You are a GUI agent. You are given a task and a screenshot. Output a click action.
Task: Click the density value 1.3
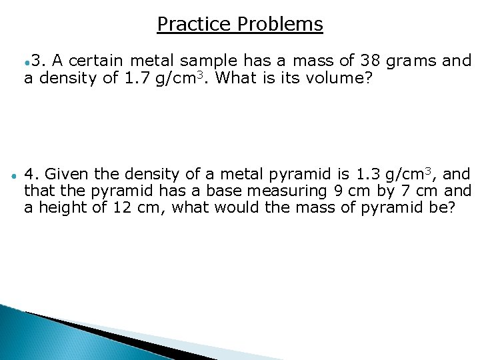point(369,175)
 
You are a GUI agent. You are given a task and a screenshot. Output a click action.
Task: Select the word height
point(63,208)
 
